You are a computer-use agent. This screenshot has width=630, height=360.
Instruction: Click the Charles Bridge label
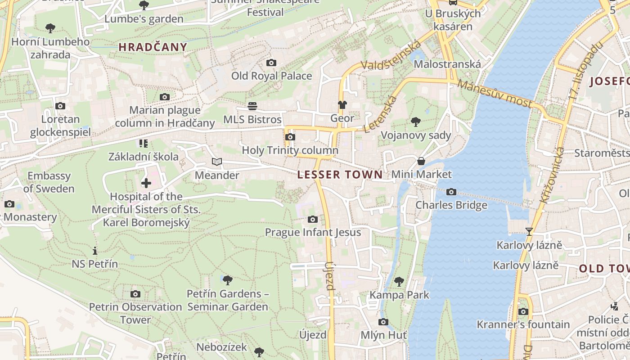coord(451,205)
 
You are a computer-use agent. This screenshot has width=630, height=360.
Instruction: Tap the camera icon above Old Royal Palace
coord(271,63)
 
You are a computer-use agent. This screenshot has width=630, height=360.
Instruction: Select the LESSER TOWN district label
coord(340,175)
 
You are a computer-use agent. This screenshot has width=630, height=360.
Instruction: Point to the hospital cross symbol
coord(146,183)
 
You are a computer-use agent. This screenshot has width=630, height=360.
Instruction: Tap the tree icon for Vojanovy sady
coord(416,122)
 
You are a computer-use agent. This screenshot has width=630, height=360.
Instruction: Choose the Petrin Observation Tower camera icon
coord(135,294)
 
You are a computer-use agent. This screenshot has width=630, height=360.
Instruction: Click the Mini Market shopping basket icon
coord(421,161)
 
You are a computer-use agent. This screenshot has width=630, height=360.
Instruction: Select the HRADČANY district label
coord(153,47)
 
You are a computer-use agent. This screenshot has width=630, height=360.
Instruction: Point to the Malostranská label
coord(447,64)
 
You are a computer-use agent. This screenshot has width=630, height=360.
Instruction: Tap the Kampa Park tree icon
coord(399,282)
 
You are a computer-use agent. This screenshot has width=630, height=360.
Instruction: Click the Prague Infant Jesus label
coord(313,232)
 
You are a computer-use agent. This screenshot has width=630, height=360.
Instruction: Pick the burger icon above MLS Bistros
coord(252,106)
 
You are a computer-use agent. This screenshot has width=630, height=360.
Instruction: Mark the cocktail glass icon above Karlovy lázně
coord(529,232)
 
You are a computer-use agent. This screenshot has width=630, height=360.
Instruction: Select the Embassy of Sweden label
coord(49,182)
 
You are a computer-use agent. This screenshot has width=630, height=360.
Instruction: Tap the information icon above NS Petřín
coord(94,251)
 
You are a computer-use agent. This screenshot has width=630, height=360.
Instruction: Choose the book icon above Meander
coord(217,162)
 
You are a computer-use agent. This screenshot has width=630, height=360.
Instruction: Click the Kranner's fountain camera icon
coord(523,311)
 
